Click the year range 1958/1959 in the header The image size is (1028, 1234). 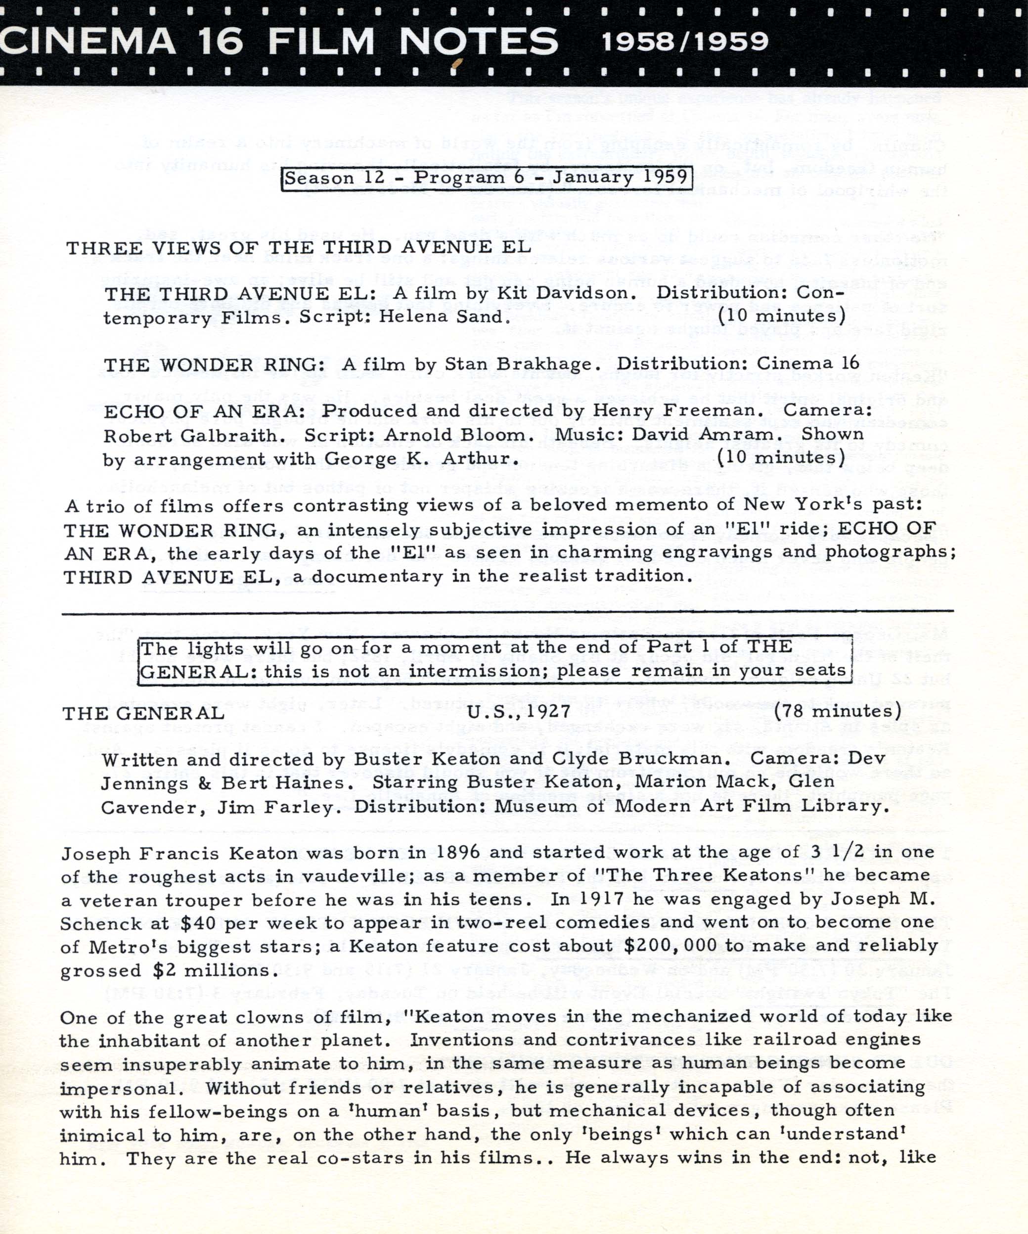[x=684, y=41]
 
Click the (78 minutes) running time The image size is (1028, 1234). [x=837, y=712]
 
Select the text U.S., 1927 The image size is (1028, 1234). [x=519, y=712]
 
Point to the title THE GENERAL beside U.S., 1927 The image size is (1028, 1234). [x=143, y=713]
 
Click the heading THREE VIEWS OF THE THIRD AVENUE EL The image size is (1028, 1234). [x=299, y=247]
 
